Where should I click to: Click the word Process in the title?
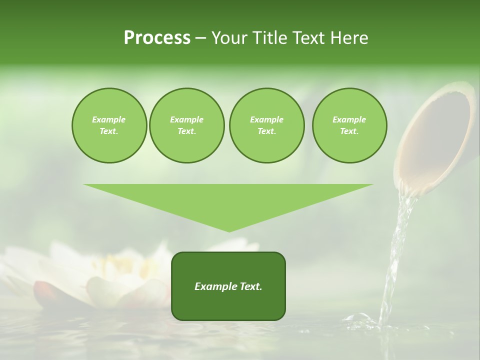[157, 38]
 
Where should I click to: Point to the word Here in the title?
[350, 38]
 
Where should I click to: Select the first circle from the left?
[109, 125]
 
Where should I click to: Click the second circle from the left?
[187, 125]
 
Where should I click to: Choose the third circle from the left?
[266, 125]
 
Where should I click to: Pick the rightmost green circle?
[349, 125]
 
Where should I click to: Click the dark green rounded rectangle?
[228, 286]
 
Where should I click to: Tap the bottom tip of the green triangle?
[229, 230]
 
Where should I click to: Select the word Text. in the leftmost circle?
[109, 131]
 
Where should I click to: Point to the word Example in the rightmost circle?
[349, 119]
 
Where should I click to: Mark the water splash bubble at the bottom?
[356, 318]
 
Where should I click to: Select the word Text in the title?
[306, 38]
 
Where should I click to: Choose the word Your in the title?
[229, 38]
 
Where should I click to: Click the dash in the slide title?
[201, 38]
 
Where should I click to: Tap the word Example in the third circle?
[266, 119]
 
